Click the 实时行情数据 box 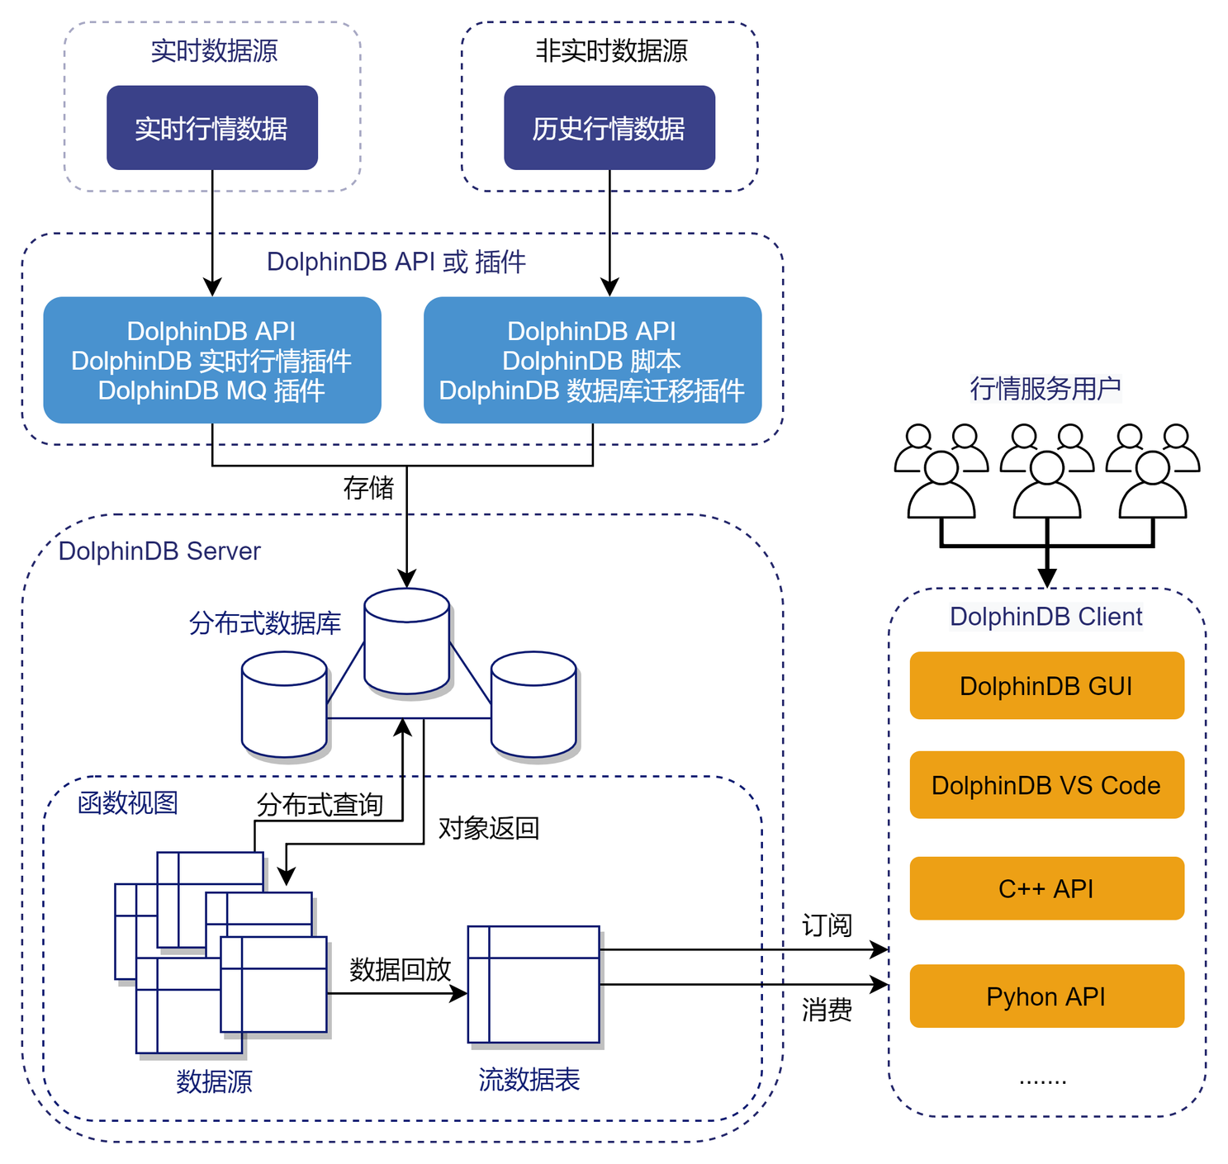pyautogui.click(x=212, y=128)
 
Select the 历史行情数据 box pyautogui.click(x=609, y=128)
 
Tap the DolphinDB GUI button pyautogui.click(x=1046, y=686)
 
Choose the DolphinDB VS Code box pyautogui.click(x=1046, y=785)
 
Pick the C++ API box pyautogui.click(x=1046, y=889)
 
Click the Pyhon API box pyautogui.click(x=1046, y=996)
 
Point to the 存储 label pyautogui.click(x=368, y=488)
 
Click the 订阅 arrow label pyautogui.click(x=827, y=925)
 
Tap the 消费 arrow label pyautogui.click(x=827, y=1010)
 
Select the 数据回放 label pyautogui.click(x=400, y=969)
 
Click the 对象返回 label pyautogui.click(x=488, y=828)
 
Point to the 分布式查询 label pyautogui.click(x=320, y=805)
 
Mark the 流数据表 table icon pyautogui.click(x=533, y=985)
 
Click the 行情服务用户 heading pyautogui.click(x=1045, y=388)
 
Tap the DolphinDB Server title pyautogui.click(x=159, y=551)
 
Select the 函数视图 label pyautogui.click(x=128, y=802)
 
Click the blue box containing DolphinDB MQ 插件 pyautogui.click(x=212, y=361)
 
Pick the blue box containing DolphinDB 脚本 pyautogui.click(x=592, y=361)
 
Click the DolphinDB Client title pyautogui.click(x=1046, y=617)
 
